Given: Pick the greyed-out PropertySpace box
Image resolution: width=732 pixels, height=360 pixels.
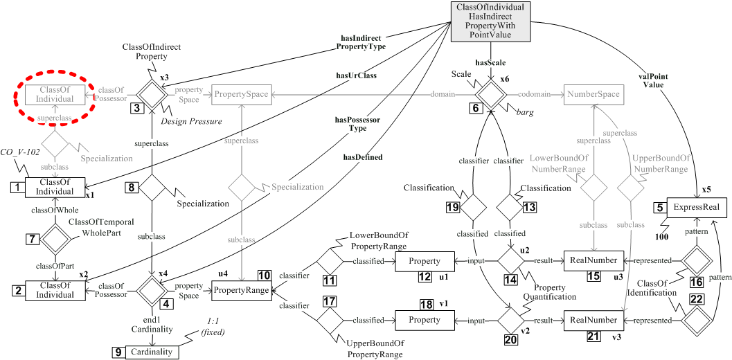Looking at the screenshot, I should [x=241, y=92].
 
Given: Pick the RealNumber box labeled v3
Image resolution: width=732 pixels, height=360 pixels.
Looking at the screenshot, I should [x=589, y=320].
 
